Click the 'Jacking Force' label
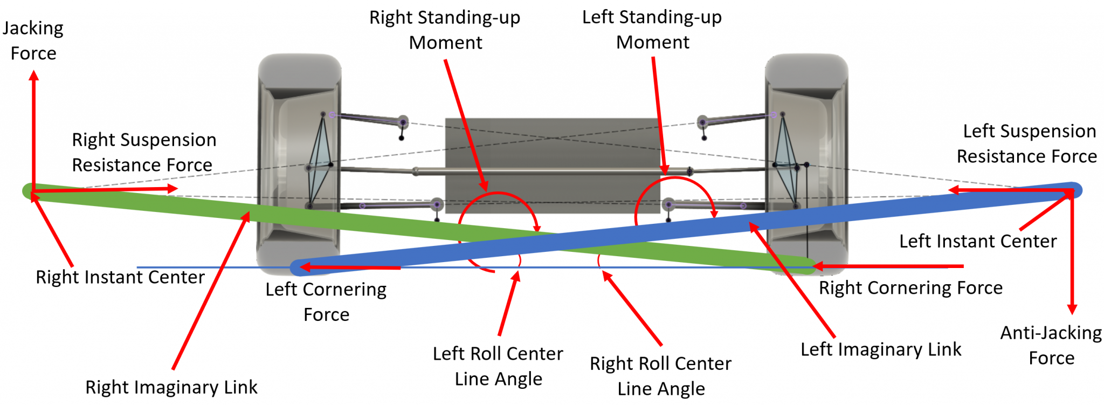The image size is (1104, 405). click(33, 40)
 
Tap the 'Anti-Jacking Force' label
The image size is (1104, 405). click(1051, 345)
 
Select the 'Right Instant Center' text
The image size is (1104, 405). click(120, 277)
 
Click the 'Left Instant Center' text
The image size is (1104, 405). click(977, 241)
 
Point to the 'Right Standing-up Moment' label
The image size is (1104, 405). click(445, 30)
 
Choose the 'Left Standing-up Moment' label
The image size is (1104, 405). click(652, 29)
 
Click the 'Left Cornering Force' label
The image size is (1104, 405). click(326, 301)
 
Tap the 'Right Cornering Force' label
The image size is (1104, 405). click(910, 287)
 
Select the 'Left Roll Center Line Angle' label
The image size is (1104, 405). click(498, 366)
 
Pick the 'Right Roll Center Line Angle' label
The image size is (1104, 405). click(660, 375)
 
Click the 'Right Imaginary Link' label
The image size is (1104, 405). click(171, 387)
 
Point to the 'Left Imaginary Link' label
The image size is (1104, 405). click(880, 349)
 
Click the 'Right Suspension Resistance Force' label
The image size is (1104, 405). click(143, 152)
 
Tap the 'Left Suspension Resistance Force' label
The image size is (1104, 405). click(1028, 143)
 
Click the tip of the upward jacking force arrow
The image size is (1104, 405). click(33, 73)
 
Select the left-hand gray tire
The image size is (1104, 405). click(300, 162)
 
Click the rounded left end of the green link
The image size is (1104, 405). click(28, 191)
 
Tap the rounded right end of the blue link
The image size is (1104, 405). click(1075, 190)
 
